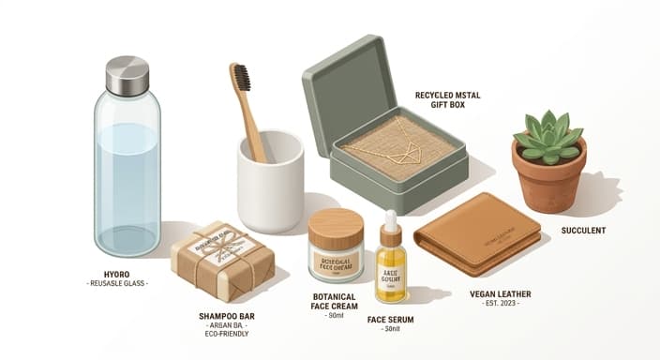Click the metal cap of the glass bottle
[127, 76]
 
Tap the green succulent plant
[548, 135]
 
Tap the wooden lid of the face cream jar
[336, 227]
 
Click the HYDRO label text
[117, 274]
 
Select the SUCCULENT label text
[583, 230]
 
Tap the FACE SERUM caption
[391, 320]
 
